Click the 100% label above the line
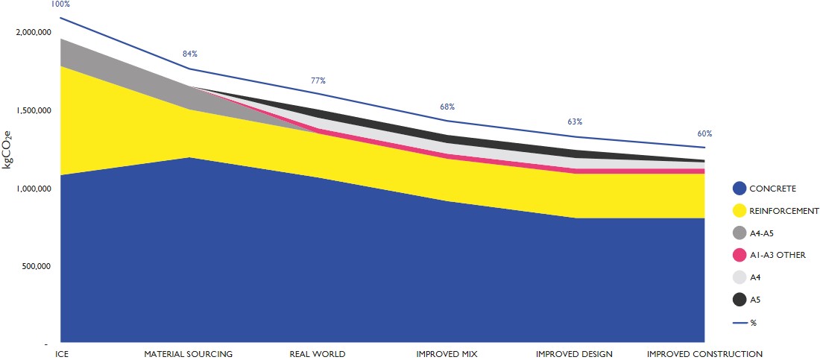pos(60,4)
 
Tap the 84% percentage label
pos(189,54)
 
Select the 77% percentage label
pos(318,80)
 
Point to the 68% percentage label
pos(447,107)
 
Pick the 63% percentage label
pos(575,121)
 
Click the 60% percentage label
pos(704,134)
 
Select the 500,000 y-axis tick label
pos(34,267)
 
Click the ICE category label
pos(63,353)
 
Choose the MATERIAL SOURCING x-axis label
pos(189,353)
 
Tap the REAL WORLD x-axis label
pos(318,353)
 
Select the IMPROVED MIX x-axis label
pos(447,353)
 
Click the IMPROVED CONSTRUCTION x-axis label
pos(704,353)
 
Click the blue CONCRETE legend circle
pos(739,189)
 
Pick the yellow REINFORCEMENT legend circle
pos(739,211)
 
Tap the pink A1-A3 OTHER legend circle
pos(739,255)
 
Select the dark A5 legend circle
pos(739,300)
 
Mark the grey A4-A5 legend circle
pos(739,233)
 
